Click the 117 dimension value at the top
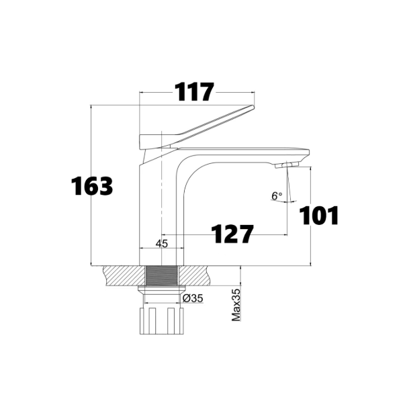pyautogui.click(x=194, y=92)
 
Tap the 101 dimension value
pyautogui.click(x=318, y=216)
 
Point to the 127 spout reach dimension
pyautogui.click(x=233, y=234)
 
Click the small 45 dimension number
pyautogui.click(x=161, y=244)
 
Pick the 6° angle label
pyautogui.click(x=277, y=196)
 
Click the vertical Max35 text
pyautogui.click(x=236, y=305)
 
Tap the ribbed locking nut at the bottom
pyautogui.click(x=161, y=320)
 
